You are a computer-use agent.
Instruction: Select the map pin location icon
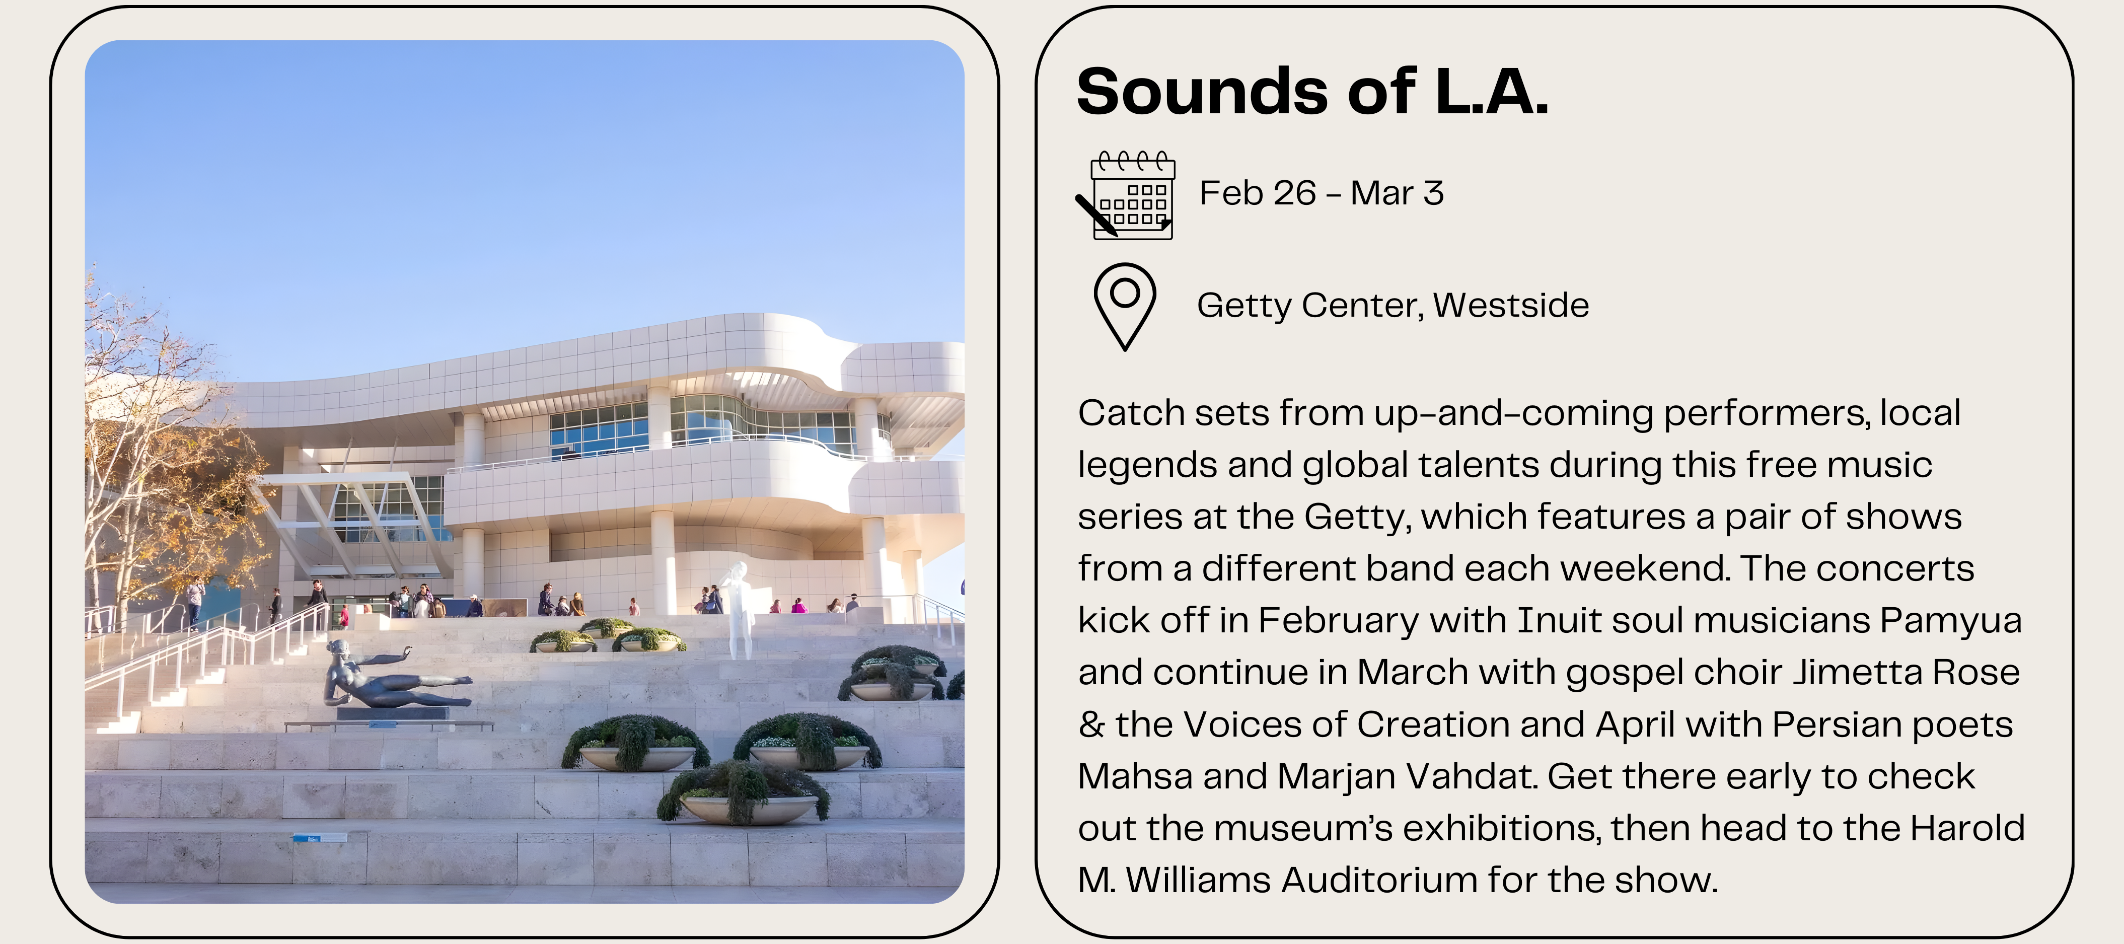[1125, 307]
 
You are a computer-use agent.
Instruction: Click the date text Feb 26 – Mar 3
[1322, 193]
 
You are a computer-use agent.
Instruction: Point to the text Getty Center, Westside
[1393, 305]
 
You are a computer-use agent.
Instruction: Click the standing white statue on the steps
[740, 610]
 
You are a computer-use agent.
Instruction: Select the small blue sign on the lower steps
[320, 838]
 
